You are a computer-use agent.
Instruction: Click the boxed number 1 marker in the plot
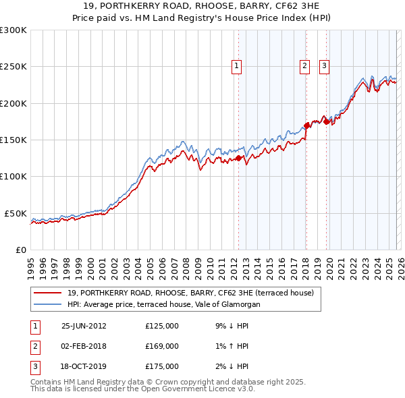(x=238, y=66)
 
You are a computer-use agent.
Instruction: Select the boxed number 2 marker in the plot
(x=305, y=66)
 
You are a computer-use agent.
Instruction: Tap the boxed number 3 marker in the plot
(x=325, y=66)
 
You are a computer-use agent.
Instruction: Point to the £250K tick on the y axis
(x=13, y=67)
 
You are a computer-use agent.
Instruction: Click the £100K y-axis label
(x=13, y=176)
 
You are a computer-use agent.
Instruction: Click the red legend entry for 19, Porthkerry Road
(x=190, y=293)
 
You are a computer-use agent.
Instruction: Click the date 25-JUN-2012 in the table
(x=84, y=325)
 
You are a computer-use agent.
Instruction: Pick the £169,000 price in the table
(x=162, y=346)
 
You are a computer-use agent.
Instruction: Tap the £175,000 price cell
(x=162, y=366)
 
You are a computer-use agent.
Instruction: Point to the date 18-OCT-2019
(x=84, y=366)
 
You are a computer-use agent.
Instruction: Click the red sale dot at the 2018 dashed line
(x=306, y=125)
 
